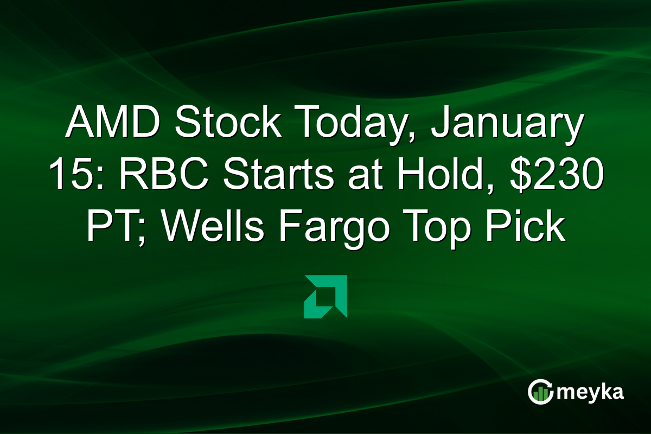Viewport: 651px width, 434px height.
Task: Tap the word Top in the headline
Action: pyautogui.click(x=441, y=229)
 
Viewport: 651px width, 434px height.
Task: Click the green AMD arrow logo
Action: pyautogui.click(x=325, y=296)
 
